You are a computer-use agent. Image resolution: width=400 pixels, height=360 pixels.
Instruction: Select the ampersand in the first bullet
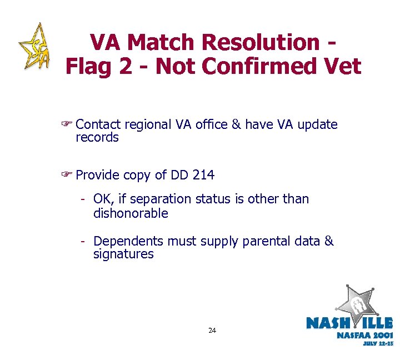click(x=236, y=125)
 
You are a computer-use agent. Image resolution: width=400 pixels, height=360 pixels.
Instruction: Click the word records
click(x=97, y=138)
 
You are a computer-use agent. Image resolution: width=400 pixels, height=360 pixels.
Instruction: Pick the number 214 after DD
click(x=203, y=176)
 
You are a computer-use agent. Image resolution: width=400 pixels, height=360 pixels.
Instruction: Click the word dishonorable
click(x=131, y=213)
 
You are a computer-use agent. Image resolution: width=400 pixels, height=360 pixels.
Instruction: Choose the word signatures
click(x=123, y=254)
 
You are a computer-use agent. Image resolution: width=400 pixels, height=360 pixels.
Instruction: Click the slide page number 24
click(x=212, y=331)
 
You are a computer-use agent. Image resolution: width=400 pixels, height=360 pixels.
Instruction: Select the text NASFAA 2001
click(x=364, y=335)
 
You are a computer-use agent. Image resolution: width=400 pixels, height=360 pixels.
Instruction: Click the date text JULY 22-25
click(x=378, y=344)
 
